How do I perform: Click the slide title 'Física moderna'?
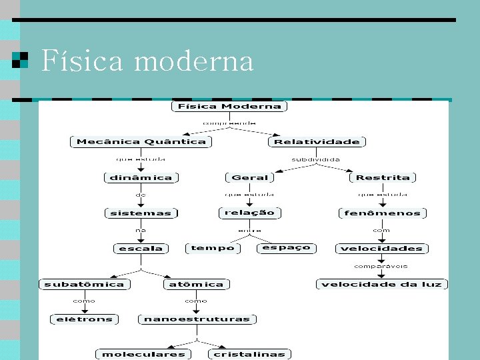pyautogui.click(x=147, y=61)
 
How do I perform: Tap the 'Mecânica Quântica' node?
pyautogui.click(x=141, y=141)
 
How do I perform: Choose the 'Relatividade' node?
pyautogui.click(x=317, y=141)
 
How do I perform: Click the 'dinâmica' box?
pyautogui.click(x=141, y=177)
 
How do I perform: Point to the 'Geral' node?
pyautogui.click(x=249, y=177)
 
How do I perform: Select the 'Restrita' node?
pyautogui.click(x=383, y=177)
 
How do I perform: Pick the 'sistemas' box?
pyautogui.click(x=141, y=213)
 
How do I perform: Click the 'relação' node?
pyautogui.click(x=249, y=213)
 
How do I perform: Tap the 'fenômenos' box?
pyautogui.click(x=383, y=213)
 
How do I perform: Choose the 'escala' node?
pyautogui.click(x=141, y=249)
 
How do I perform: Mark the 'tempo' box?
pyautogui.click(x=213, y=248)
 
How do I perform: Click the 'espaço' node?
pyautogui.click(x=286, y=247)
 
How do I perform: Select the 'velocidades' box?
pyautogui.click(x=381, y=249)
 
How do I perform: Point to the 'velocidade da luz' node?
pyautogui.click(x=381, y=285)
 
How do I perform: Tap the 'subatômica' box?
pyautogui.click(x=84, y=284)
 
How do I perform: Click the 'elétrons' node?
pyautogui.click(x=85, y=319)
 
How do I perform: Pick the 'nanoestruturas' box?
pyautogui.click(x=197, y=319)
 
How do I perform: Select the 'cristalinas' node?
pyautogui.click(x=249, y=354)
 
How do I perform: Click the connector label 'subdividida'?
pyautogui.click(x=316, y=159)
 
